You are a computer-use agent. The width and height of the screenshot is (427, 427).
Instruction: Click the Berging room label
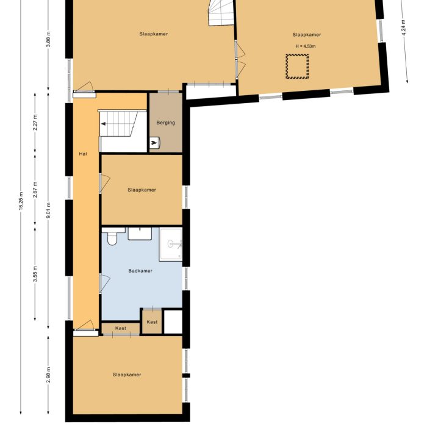point(165,123)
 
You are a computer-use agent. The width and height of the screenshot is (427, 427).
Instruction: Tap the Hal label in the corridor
point(83,154)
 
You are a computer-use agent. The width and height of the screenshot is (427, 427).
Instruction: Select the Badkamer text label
point(140,271)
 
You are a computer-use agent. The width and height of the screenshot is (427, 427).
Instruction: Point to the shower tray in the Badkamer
point(170,245)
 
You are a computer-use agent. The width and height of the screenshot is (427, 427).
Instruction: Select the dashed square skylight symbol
point(297,66)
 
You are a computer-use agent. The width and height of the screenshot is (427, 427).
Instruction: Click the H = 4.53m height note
point(305,46)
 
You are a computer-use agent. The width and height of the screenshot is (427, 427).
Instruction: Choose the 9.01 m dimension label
point(49,209)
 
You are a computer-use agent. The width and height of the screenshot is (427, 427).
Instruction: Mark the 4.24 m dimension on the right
point(404,29)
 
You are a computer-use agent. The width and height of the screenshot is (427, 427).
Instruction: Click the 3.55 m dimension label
point(35,273)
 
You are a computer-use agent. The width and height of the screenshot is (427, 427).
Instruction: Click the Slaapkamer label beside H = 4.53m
point(306,35)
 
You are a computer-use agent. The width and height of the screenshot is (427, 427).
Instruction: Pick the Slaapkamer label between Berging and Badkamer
point(142,190)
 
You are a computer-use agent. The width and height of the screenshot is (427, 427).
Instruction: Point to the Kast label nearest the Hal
point(121,329)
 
